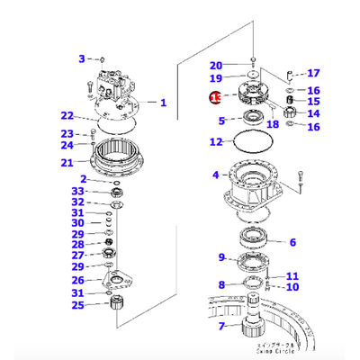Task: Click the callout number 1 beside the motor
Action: [163, 103]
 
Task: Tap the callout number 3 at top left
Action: [80, 58]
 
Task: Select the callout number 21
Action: [67, 163]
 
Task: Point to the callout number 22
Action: [67, 115]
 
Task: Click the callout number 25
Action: [79, 305]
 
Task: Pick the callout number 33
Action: [79, 191]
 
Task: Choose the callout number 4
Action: [215, 174]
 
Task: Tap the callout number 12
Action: [215, 141]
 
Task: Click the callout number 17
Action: [313, 73]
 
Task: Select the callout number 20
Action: [216, 65]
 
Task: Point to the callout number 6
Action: [292, 241]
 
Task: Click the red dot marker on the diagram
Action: [215, 96]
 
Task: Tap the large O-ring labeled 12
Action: [250, 141]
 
